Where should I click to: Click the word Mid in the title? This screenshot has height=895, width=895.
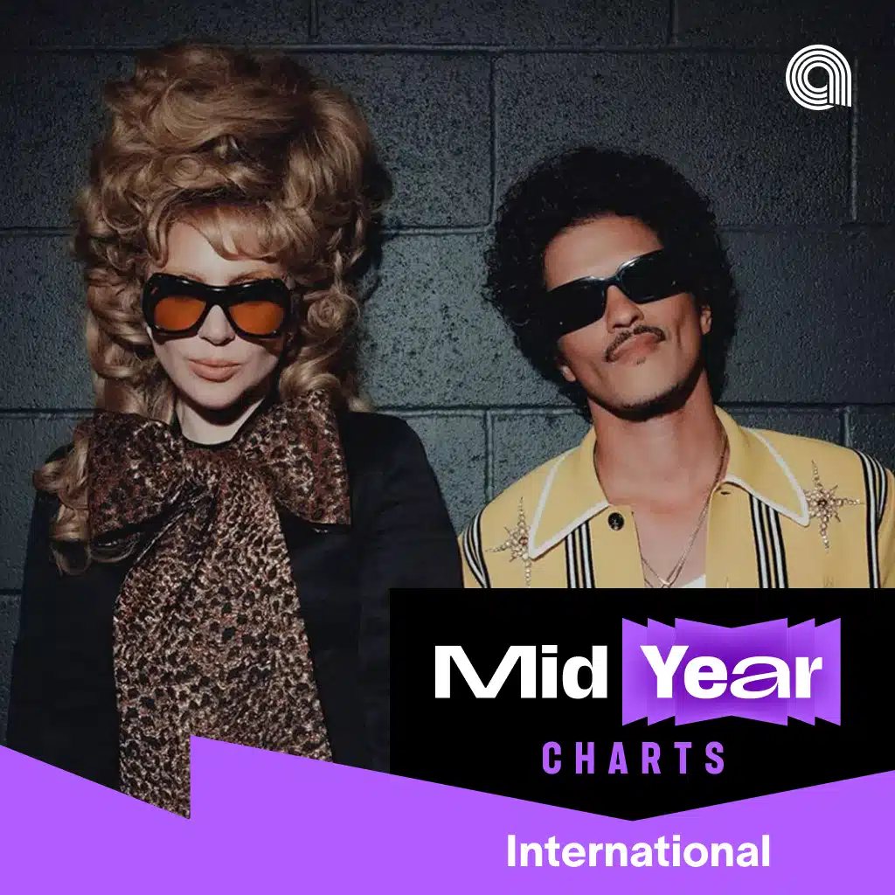pyautogui.click(x=521, y=671)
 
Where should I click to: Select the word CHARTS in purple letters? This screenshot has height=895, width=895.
pyautogui.click(x=633, y=758)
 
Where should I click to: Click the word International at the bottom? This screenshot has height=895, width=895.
pyautogui.click(x=638, y=851)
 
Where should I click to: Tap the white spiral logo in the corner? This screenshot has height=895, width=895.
pyautogui.click(x=818, y=76)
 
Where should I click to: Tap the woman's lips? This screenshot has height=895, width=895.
pyautogui.click(x=215, y=370)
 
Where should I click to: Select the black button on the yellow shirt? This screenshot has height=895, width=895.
pyautogui.click(x=615, y=521)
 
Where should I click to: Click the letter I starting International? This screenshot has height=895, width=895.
pyautogui.click(x=512, y=851)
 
